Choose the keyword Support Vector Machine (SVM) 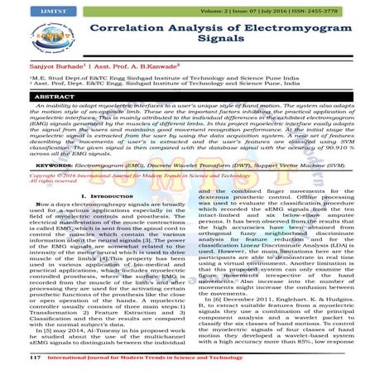(315, 189)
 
